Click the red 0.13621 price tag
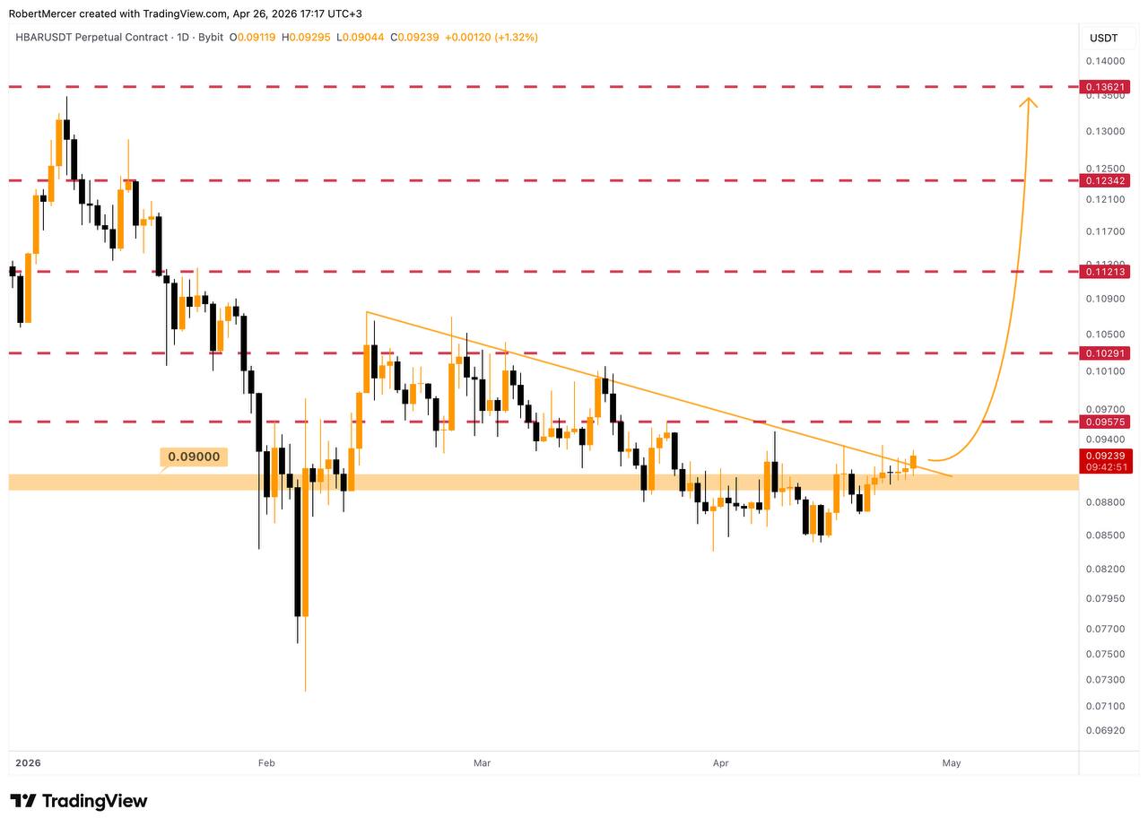pyautogui.click(x=1104, y=87)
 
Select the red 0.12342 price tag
pyautogui.click(x=1104, y=180)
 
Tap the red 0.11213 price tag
pyautogui.click(x=1104, y=271)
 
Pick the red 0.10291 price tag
pyautogui.click(x=1104, y=353)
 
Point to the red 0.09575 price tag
pyautogui.click(x=1104, y=421)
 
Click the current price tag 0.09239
pyautogui.click(x=1104, y=456)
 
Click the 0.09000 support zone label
pyautogui.click(x=194, y=457)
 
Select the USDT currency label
pyautogui.click(x=1103, y=38)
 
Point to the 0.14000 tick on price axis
pyautogui.click(x=1104, y=61)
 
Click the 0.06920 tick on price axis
pyautogui.click(x=1104, y=731)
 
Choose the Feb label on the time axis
pyautogui.click(x=265, y=763)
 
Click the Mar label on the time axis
pyautogui.click(x=482, y=763)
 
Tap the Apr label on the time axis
pyautogui.click(x=720, y=763)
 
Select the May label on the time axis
pyautogui.click(x=952, y=763)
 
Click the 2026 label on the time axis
pyautogui.click(x=29, y=763)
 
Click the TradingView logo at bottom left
pyautogui.click(x=79, y=801)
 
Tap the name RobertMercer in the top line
pyautogui.click(x=42, y=13)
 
